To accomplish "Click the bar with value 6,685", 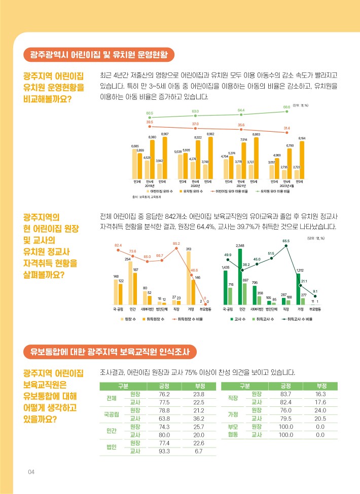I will click(x=134, y=163).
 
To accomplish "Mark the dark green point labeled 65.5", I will click(x=286, y=246).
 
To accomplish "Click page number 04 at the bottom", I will click(x=31, y=472).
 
